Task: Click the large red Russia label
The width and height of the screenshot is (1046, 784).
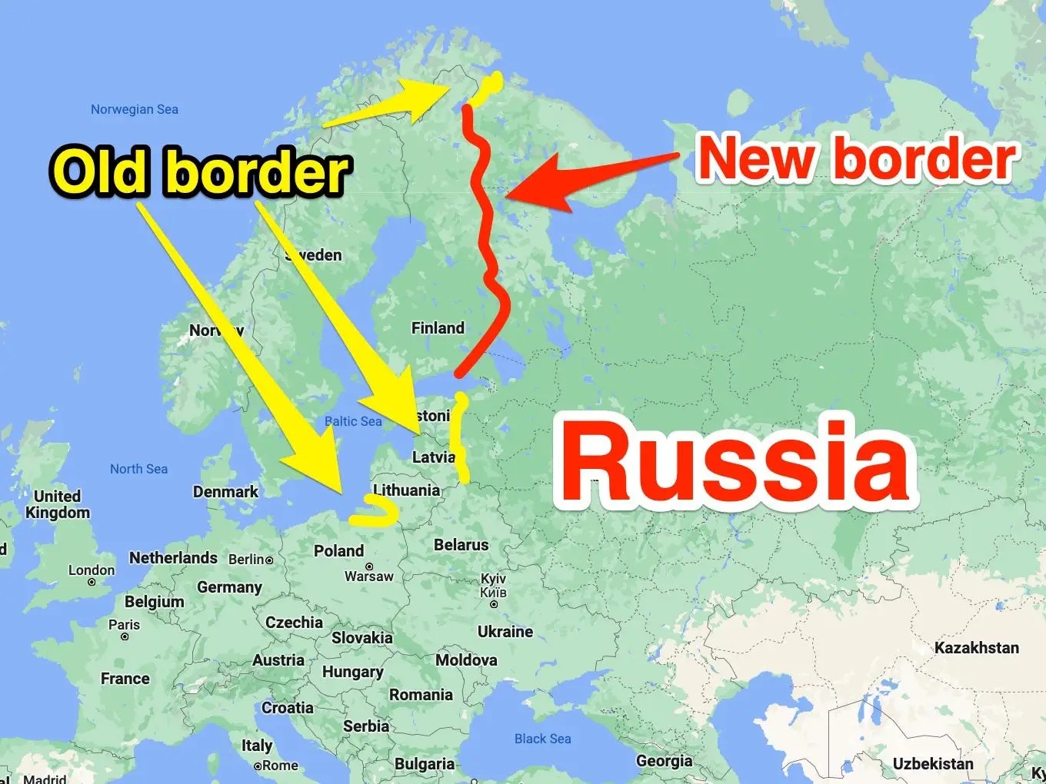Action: (x=737, y=461)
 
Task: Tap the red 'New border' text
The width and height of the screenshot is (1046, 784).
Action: (x=858, y=159)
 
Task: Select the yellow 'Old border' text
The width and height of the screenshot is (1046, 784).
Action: (x=201, y=171)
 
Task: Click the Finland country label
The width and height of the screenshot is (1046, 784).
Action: (x=438, y=328)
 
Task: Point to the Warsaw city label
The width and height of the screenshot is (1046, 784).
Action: (x=368, y=576)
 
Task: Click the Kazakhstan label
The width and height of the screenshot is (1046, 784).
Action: (x=976, y=648)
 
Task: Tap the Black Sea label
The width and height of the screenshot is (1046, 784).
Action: (x=542, y=739)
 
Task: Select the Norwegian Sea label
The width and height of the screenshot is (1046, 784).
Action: (x=135, y=109)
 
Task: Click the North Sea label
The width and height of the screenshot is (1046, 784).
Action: (x=138, y=469)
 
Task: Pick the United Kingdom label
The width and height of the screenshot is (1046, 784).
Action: (x=58, y=504)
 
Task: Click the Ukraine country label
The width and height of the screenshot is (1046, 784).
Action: (x=505, y=632)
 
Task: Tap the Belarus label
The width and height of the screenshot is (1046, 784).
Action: (x=461, y=545)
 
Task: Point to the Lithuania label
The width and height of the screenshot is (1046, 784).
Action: (x=407, y=490)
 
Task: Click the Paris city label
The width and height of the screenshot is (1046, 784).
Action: (x=124, y=625)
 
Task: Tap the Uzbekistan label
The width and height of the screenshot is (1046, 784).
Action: (x=932, y=764)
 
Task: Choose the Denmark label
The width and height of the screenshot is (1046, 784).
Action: (x=225, y=492)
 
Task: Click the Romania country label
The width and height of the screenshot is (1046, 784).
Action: (x=421, y=695)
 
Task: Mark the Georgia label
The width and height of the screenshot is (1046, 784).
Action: (x=664, y=761)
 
